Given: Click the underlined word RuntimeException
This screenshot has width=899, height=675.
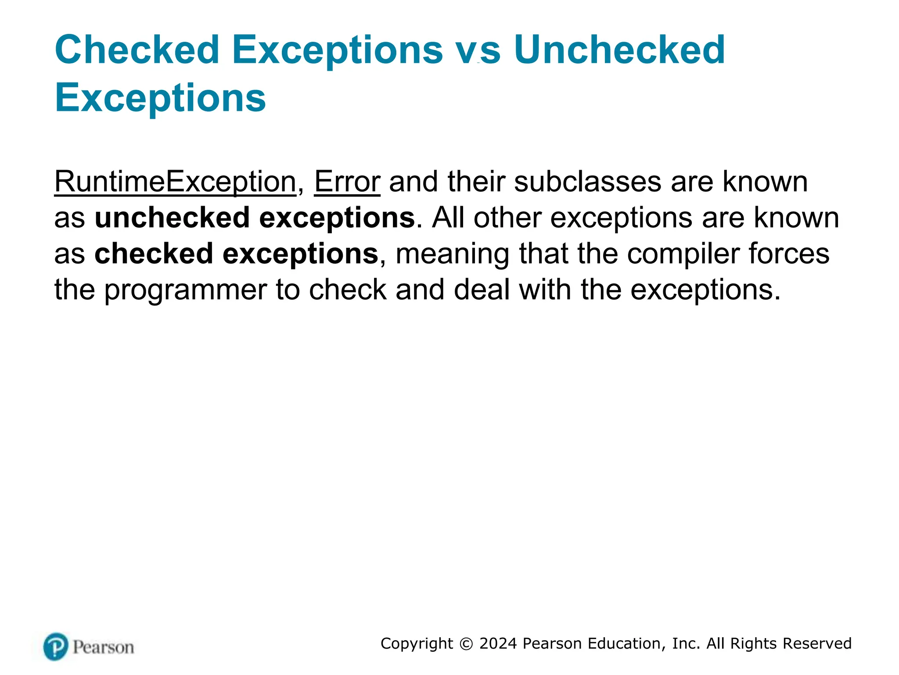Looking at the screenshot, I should [x=175, y=181].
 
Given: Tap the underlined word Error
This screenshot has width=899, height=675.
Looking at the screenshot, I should [x=347, y=181].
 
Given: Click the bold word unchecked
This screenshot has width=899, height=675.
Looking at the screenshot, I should [x=172, y=218].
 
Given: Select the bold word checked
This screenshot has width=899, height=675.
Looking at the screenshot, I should [x=154, y=254].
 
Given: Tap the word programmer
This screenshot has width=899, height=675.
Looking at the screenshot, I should [x=185, y=290].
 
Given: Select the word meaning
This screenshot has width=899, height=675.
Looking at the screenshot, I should [x=452, y=254].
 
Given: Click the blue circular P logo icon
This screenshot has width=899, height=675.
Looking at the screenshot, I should [x=56, y=646].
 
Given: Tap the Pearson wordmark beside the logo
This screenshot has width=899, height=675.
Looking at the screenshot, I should [x=103, y=647].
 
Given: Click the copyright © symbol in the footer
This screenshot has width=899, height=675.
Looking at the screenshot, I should [x=466, y=644].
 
